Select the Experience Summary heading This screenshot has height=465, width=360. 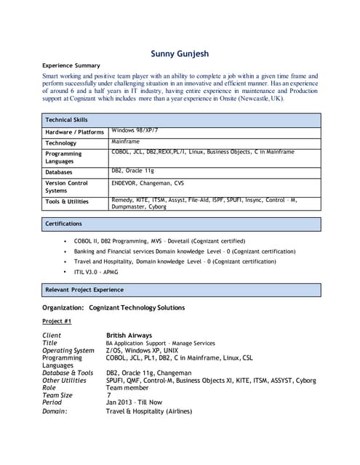point(71,65)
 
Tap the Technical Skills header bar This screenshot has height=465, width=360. point(67,119)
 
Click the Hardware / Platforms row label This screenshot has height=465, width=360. point(74,132)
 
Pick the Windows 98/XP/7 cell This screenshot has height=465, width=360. point(135,130)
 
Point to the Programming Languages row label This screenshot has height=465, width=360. point(63,157)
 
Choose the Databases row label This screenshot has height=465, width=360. point(59,172)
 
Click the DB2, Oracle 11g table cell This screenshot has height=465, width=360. point(133,171)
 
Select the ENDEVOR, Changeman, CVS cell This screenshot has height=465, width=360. point(148,184)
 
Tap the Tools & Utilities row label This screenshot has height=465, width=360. point(67,201)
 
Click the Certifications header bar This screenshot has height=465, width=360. point(64,224)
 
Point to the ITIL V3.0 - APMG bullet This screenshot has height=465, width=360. point(96,272)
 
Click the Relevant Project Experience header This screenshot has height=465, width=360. point(84,290)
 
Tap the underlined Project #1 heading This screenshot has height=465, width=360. point(57,320)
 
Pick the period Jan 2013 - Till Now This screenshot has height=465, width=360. point(134,403)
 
